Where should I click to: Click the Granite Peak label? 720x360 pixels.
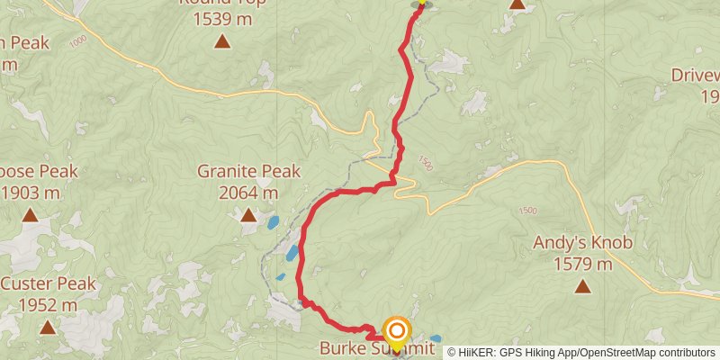248,171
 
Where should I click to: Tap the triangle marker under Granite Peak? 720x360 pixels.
247,214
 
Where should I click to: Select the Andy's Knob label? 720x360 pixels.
582,242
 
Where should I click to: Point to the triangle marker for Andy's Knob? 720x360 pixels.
582,286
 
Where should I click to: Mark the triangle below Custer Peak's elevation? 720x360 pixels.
47,328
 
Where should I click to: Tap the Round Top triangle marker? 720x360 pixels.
221,40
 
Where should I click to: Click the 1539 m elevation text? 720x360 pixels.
221,17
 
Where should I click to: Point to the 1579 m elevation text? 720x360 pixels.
582,264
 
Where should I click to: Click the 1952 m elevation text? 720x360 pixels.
48,305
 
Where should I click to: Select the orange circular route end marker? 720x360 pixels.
396,331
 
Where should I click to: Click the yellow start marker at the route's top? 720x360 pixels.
420,3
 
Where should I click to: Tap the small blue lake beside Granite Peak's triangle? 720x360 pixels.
272,221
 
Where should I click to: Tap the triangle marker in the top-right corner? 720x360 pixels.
517,4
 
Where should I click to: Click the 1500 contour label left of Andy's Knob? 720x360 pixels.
527,210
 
